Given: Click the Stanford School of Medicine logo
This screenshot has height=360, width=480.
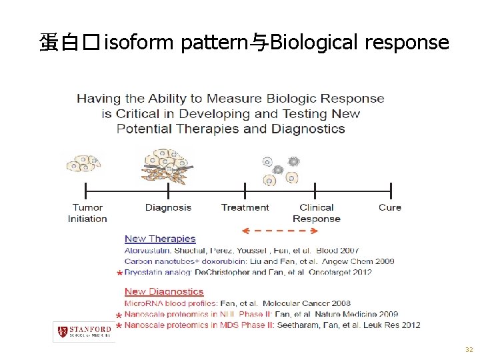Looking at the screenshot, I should (x=83, y=331).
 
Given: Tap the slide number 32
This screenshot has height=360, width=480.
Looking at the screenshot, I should (x=469, y=350).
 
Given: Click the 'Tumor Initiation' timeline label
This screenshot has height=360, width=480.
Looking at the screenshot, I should (x=87, y=213).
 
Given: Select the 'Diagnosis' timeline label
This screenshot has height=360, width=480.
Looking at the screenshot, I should (x=168, y=207).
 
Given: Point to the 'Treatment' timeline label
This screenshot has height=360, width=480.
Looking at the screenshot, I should (x=245, y=207).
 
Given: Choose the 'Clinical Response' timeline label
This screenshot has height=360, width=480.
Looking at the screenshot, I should (x=317, y=213).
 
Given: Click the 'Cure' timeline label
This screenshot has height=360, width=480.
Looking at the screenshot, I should (x=390, y=207).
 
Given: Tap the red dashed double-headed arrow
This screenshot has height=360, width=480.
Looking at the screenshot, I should (x=279, y=231).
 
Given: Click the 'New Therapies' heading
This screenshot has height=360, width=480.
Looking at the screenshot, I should (x=160, y=239).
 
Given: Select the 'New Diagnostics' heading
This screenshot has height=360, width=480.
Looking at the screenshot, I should (x=164, y=291).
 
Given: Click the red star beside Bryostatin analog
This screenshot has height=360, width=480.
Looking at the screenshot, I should (x=119, y=273).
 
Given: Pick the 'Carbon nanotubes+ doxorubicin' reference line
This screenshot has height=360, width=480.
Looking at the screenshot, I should (x=259, y=261).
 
